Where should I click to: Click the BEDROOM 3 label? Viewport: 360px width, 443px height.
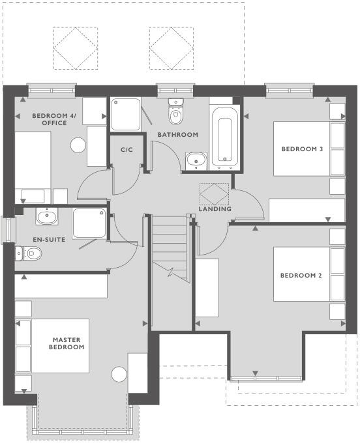(302, 149)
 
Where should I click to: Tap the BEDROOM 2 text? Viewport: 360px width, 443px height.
(301, 276)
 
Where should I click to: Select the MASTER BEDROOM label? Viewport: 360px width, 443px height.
(67, 343)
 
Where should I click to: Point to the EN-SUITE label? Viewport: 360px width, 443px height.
(49, 240)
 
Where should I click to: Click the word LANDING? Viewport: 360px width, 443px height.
(215, 209)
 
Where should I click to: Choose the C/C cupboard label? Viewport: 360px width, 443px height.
(127, 150)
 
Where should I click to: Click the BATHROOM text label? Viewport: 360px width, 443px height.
(177, 135)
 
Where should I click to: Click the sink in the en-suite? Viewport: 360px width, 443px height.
(46, 216)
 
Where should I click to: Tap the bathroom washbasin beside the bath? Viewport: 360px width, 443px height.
(195, 160)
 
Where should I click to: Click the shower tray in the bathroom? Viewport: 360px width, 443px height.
(125, 114)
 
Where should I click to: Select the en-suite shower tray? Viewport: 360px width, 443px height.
(89, 223)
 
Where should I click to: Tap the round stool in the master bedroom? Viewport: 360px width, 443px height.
(119, 375)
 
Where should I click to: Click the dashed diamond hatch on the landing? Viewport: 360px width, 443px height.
(215, 193)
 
